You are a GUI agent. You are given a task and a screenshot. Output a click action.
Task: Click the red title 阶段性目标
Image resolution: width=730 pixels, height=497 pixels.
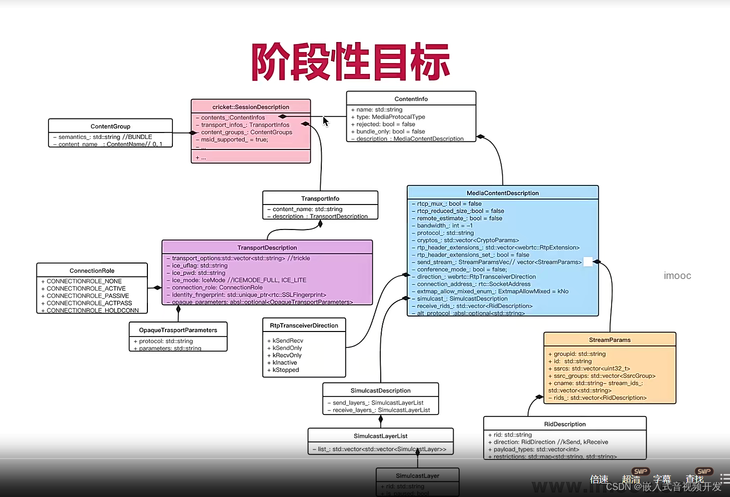click(350, 62)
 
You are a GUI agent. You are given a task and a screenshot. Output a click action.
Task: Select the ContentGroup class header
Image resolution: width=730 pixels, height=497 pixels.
click(110, 126)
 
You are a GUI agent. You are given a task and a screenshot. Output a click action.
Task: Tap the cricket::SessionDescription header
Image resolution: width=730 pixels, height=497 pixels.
click(251, 107)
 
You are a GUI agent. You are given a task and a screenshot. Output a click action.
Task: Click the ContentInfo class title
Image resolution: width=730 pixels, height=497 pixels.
click(411, 99)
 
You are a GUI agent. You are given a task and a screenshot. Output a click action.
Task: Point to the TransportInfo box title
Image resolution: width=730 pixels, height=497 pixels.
click(320, 198)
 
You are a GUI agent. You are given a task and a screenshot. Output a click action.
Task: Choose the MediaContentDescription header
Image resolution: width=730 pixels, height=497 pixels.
click(503, 193)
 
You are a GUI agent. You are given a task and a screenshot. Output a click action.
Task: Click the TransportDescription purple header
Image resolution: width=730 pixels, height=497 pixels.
click(267, 247)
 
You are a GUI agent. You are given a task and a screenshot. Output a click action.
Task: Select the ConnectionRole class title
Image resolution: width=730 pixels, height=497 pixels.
click(92, 270)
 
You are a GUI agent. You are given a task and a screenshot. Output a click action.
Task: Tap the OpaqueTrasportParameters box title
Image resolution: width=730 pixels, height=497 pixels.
click(178, 330)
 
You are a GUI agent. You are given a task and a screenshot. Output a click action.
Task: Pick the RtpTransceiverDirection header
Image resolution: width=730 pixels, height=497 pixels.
click(304, 325)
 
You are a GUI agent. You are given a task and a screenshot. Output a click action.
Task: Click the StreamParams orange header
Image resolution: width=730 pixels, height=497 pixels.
click(610, 340)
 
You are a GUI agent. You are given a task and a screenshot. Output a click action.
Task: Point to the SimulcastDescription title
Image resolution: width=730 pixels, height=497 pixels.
click(381, 390)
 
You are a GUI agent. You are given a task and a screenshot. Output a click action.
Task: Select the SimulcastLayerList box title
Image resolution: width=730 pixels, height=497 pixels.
click(381, 436)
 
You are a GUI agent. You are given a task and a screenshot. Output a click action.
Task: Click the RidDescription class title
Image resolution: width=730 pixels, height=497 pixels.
click(565, 424)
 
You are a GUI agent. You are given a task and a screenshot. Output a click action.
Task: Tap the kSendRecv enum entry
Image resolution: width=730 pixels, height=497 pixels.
click(288, 340)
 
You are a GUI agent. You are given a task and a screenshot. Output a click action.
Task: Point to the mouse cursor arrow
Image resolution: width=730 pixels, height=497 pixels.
click(326, 121)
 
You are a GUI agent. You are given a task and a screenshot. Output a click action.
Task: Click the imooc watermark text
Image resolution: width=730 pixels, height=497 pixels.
click(678, 276)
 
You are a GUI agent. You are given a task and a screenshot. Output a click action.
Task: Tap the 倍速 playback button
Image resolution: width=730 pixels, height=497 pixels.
click(599, 479)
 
